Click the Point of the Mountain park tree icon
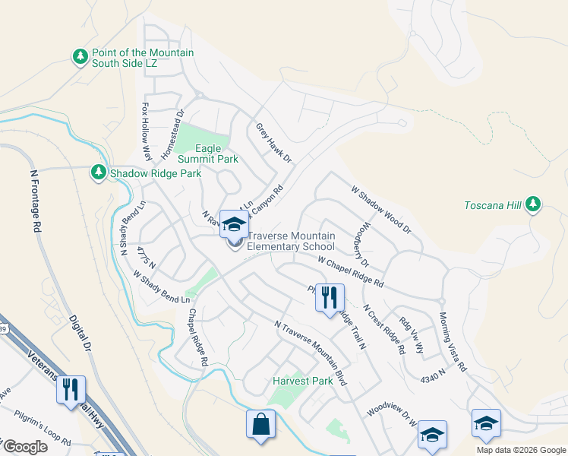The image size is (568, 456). click(80, 57)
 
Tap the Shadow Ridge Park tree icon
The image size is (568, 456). click(98, 173)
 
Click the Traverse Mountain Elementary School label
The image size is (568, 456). click(291, 242)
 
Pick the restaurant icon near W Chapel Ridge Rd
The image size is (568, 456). click(330, 297)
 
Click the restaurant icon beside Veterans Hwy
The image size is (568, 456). click(71, 389)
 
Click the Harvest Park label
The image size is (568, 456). click(303, 382)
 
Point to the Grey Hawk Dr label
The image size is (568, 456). click(273, 143)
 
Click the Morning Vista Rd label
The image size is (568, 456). click(453, 340)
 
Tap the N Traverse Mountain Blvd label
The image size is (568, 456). click(311, 353)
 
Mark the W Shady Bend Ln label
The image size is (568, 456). click(162, 287)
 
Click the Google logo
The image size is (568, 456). click(24, 447)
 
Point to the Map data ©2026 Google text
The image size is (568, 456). click(519, 450)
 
